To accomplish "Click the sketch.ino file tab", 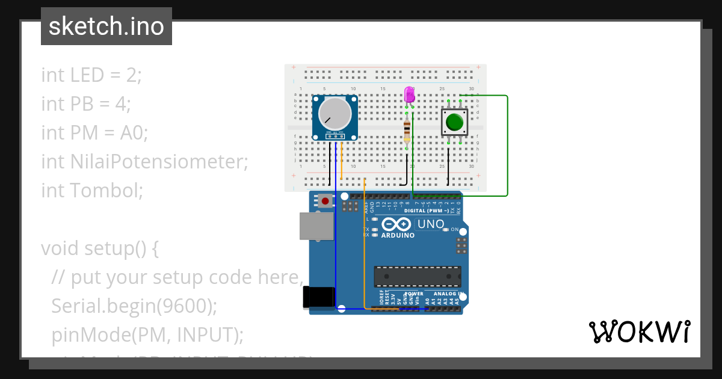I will [106, 26].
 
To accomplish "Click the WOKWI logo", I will [639, 331].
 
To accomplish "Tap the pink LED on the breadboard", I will [409, 94].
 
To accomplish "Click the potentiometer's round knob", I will [334, 113].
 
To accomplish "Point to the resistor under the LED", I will [408, 129].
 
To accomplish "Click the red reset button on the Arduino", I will [326, 201].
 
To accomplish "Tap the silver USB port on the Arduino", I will [316, 226].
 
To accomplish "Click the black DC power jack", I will [318, 298].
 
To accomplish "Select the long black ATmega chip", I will [418, 276].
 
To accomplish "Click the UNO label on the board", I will [430, 224].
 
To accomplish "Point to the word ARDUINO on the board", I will [398, 235].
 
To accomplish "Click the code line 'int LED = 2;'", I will [91, 75].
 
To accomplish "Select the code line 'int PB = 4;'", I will [86, 104].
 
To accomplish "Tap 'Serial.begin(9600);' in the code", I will [134, 306].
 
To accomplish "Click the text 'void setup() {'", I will [100, 248].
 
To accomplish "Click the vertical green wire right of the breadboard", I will [508, 144].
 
